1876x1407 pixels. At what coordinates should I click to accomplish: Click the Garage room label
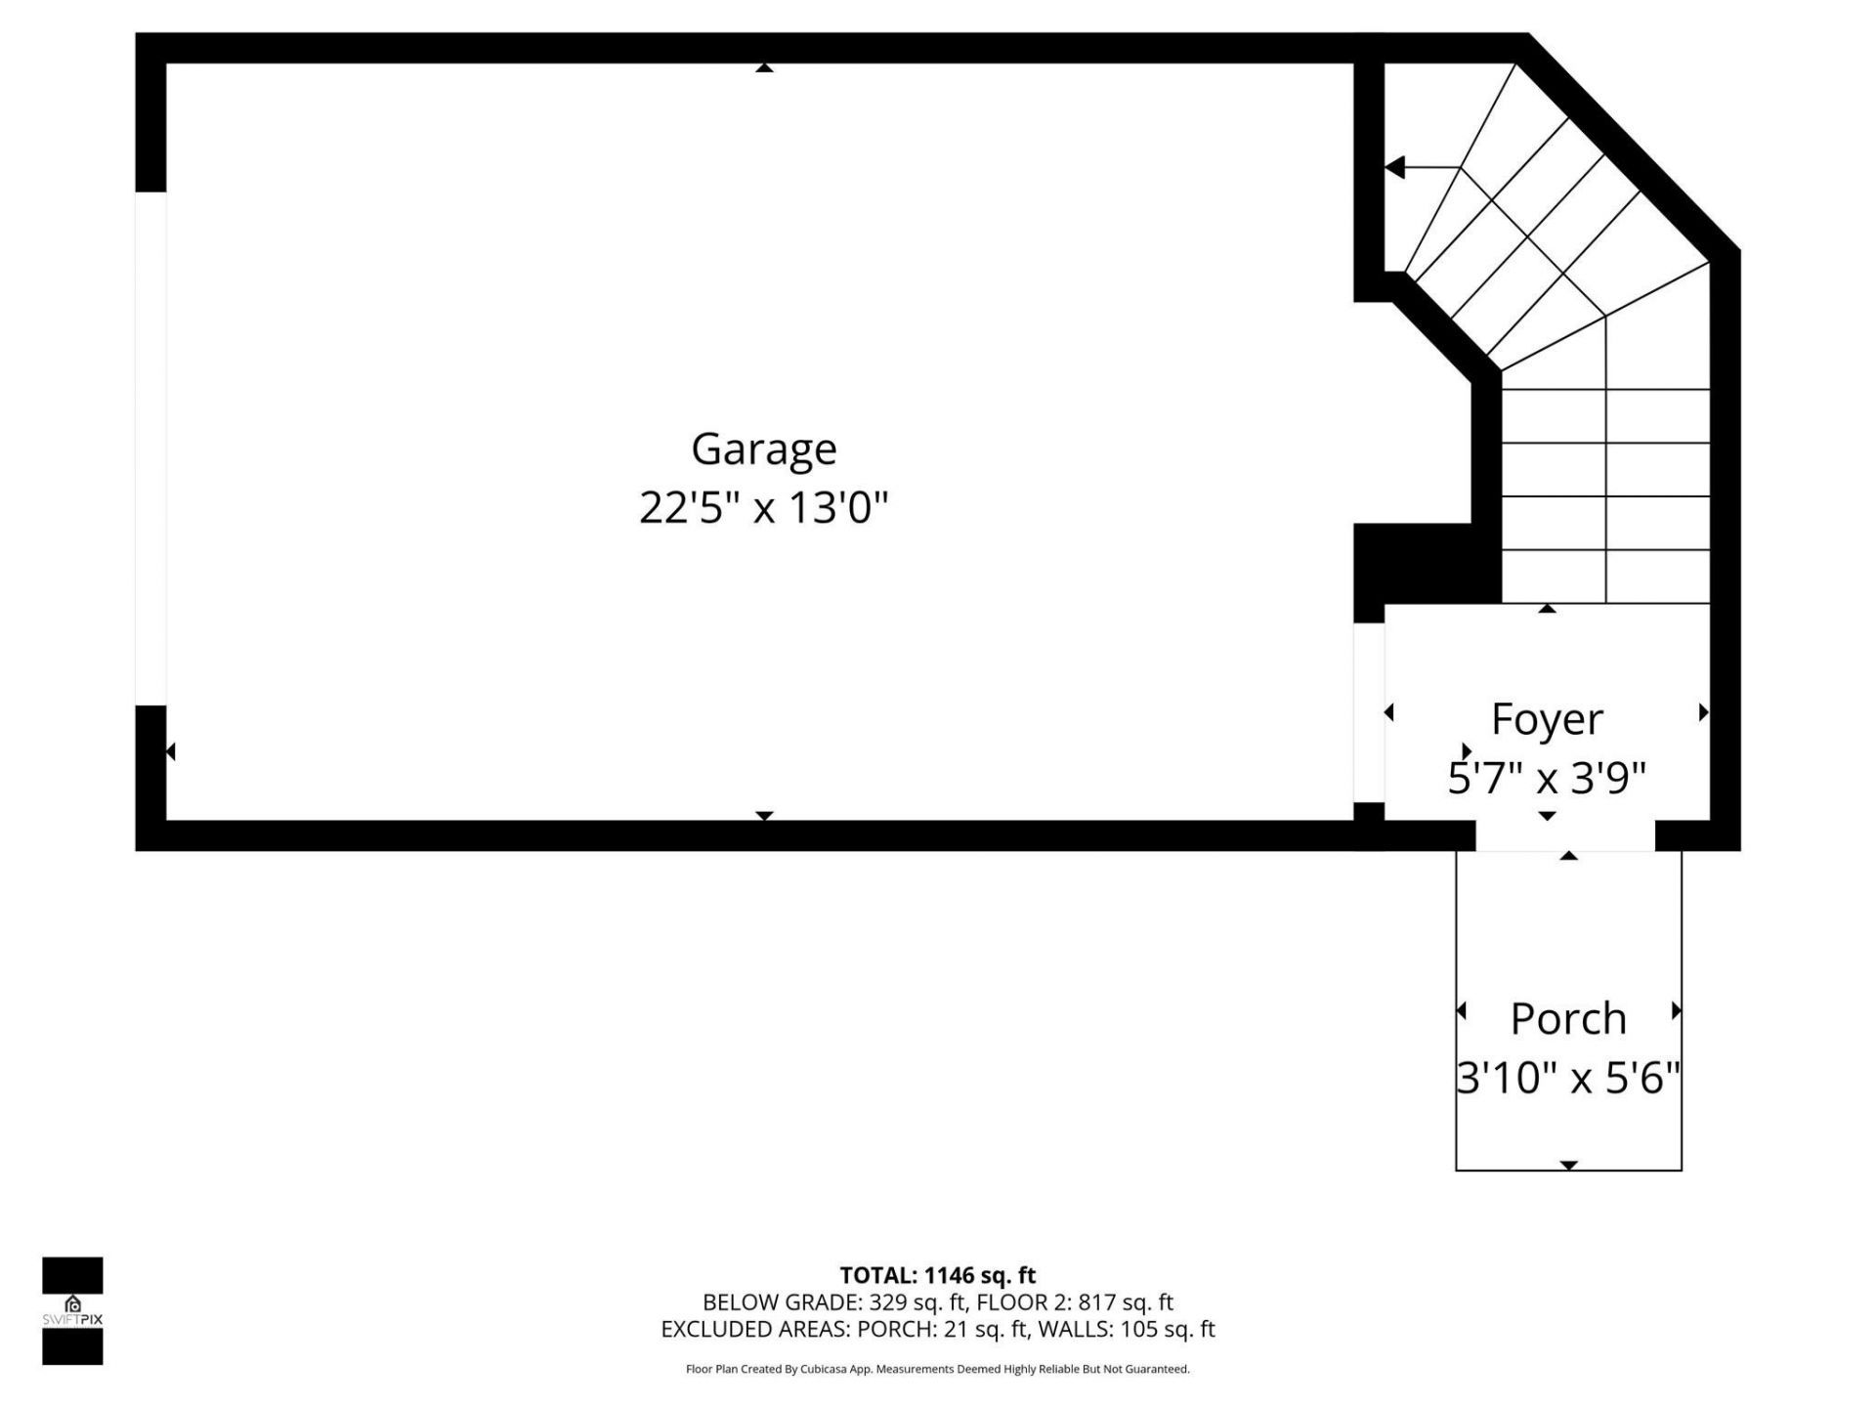[x=763, y=449]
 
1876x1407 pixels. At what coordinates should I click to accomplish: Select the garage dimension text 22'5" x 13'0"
[x=763, y=508]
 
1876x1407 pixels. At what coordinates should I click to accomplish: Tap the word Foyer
[x=1547, y=719]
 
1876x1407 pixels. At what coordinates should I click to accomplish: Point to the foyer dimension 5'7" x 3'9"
[x=1547, y=779]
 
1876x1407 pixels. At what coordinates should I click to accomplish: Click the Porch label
[x=1568, y=1019]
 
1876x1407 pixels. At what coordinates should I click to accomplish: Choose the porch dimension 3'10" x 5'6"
[x=1568, y=1078]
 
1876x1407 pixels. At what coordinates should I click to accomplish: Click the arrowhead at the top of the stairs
[x=1395, y=168]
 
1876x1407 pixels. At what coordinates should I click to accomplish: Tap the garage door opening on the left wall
[x=150, y=448]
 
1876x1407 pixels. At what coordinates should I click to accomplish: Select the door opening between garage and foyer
[x=1368, y=712]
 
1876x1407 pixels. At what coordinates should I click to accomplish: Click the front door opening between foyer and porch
[x=1564, y=836]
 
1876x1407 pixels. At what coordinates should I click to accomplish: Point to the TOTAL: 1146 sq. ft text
[x=937, y=1275]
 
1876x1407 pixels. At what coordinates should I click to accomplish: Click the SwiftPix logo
[x=72, y=1310]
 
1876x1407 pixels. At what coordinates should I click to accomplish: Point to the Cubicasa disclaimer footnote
[x=937, y=1370]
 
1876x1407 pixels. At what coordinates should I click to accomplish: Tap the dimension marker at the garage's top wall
[x=764, y=68]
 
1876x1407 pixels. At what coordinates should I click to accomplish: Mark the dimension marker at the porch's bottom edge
[x=1568, y=1165]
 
